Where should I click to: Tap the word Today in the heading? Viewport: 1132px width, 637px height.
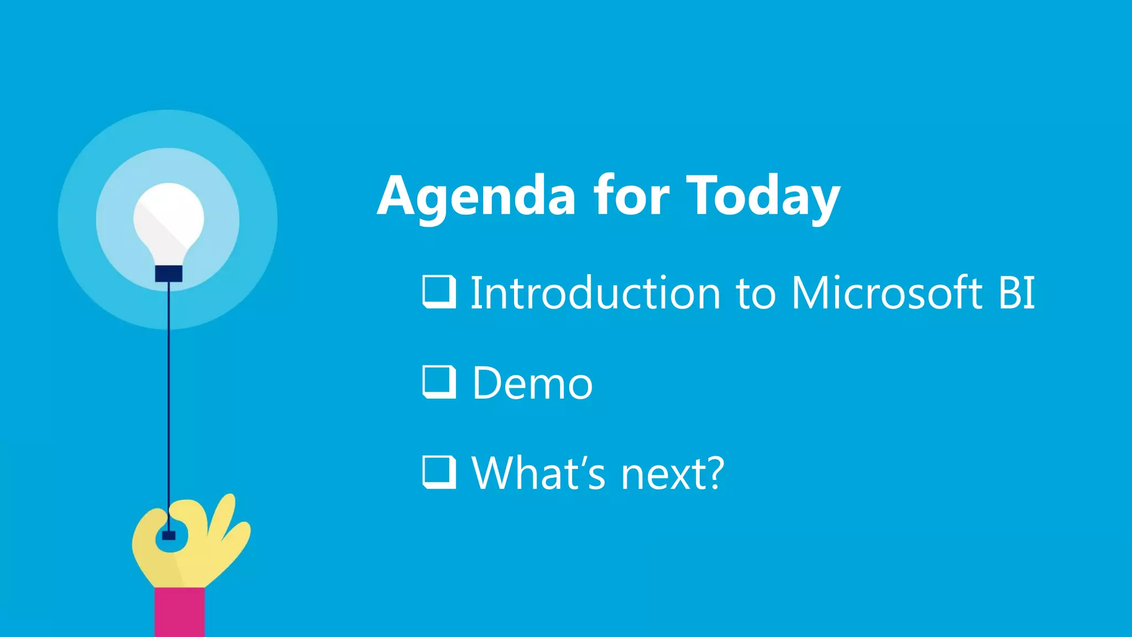pyautogui.click(x=763, y=197)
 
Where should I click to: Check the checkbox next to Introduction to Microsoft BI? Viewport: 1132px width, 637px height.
pyautogui.click(x=439, y=291)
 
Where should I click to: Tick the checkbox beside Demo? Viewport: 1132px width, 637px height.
pyautogui.click(x=439, y=382)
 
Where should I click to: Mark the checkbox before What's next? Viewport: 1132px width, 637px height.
pyautogui.click(x=439, y=472)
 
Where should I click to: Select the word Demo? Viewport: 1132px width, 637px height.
pyautogui.click(x=532, y=383)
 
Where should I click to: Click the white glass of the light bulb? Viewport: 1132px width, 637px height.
pyautogui.click(x=169, y=221)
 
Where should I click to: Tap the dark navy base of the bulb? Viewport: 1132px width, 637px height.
pyautogui.click(x=169, y=274)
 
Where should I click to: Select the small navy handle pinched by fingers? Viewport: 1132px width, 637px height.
pyautogui.click(x=169, y=535)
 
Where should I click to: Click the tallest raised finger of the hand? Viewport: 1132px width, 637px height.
pyautogui.click(x=224, y=514)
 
